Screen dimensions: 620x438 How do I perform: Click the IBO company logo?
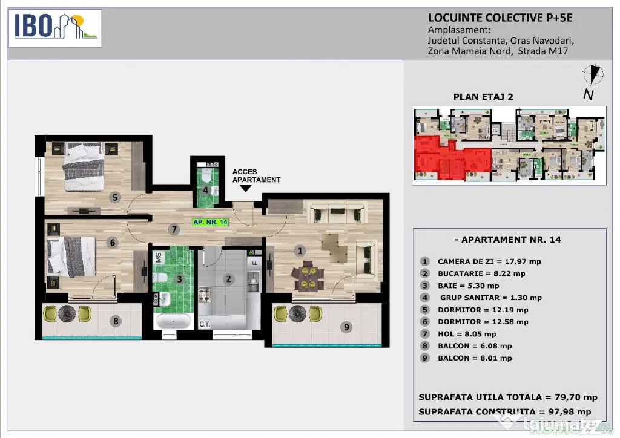pos(55,28)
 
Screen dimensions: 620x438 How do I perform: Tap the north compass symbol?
pos(593,74)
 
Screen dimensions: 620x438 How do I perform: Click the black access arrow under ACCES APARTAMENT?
pos(246,188)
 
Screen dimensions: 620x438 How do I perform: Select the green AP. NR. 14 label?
pos(210,222)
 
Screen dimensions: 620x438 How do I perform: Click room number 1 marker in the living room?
pos(300,251)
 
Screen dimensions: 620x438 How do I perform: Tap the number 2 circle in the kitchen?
pos(228,279)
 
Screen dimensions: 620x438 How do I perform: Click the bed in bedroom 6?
pos(71,257)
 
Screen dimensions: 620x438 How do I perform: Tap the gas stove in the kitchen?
pos(205,295)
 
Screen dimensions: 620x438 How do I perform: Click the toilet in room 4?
pos(207,176)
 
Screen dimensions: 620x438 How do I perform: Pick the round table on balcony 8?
pos(67,313)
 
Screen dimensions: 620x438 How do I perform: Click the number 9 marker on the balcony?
pos(346,327)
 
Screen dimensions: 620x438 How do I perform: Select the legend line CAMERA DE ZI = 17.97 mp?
pos(489,261)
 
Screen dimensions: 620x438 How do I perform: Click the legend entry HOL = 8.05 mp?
pos(467,334)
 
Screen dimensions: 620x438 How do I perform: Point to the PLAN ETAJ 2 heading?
pos(483,97)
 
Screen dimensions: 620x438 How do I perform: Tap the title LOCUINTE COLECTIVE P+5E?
pos(500,18)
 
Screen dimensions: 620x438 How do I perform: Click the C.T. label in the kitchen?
pos(205,324)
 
